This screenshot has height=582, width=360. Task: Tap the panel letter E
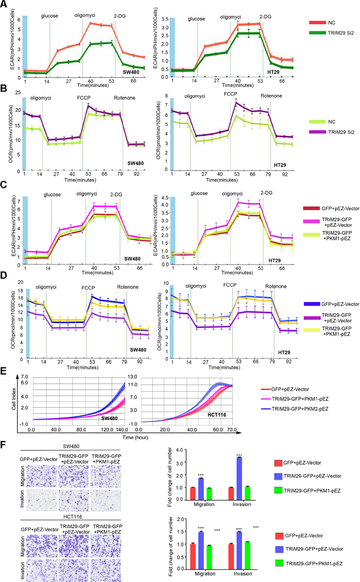[x=4, y=371]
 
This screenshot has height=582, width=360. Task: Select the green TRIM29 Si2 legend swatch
[x=317, y=33]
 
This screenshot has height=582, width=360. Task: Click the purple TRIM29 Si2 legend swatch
[x=317, y=132]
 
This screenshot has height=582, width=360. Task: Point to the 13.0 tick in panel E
[x=132, y=377]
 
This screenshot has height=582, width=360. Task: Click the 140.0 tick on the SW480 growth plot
[x=122, y=430]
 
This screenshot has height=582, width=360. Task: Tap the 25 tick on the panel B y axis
[x=18, y=92]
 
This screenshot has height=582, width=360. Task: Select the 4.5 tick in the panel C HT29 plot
[x=165, y=198]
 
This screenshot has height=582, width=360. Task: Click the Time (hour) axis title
[x=135, y=437]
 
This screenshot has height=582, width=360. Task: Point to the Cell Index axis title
[x=14, y=399]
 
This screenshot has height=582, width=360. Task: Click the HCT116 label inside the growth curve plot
[x=217, y=415]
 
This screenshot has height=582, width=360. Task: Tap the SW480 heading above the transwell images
[x=71, y=446]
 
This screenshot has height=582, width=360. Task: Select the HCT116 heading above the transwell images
[x=72, y=517]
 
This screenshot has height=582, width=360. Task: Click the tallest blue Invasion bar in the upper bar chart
[x=239, y=479]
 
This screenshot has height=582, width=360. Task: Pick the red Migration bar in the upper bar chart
[x=193, y=493]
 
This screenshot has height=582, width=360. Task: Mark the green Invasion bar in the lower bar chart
[x=247, y=556]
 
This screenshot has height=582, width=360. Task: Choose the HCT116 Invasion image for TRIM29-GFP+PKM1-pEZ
[x=106, y=570]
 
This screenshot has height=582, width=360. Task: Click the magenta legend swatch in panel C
[x=311, y=221]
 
